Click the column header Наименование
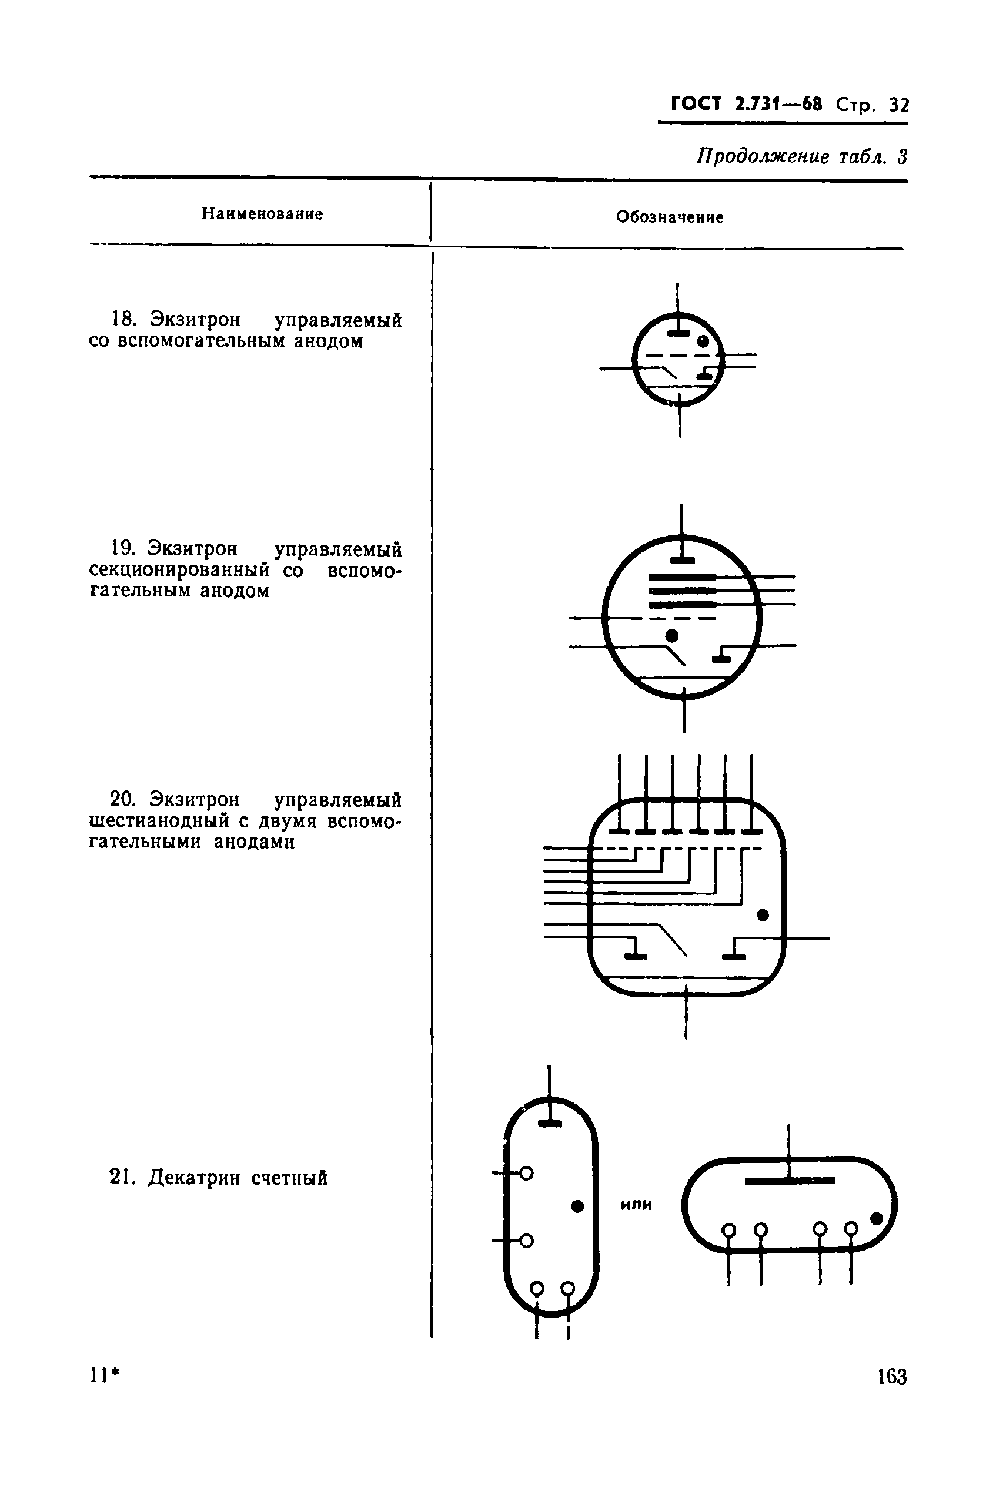262,214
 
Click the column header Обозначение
670,217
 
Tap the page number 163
892,1377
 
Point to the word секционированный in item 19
179,571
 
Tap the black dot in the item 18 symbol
703,342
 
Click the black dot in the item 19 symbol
672,635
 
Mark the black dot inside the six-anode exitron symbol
763,915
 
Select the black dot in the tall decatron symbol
577,1205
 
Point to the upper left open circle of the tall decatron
526,1174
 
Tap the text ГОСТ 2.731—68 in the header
747,103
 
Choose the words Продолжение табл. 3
802,156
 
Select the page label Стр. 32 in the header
872,105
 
